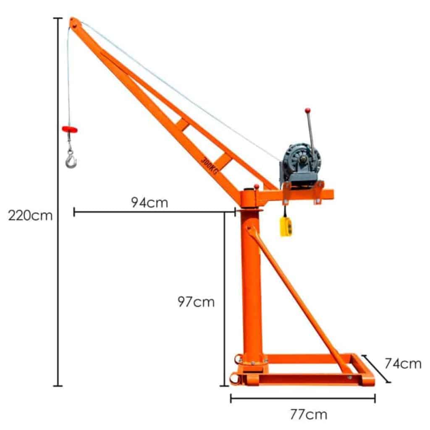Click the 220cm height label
(x=31, y=216)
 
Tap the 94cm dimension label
(x=149, y=202)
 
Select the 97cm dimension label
(x=196, y=302)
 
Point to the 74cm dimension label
(x=403, y=364)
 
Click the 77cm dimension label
(x=308, y=415)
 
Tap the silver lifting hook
(x=71, y=160)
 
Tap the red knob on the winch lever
(x=307, y=110)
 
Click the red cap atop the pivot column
(x=256, y=186)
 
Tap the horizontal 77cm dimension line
(x=302, y=399)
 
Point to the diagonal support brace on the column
(x=298, y=298)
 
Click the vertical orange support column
(x=252, y=286)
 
